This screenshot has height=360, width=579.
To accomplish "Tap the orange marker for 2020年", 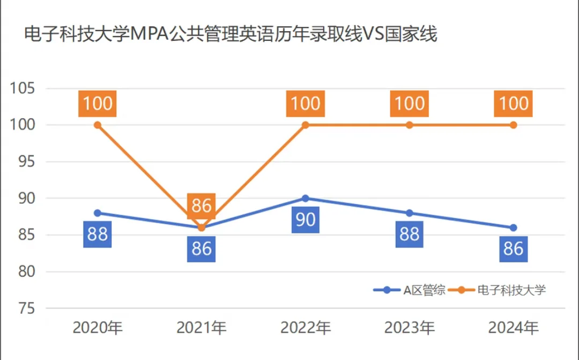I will [x=98, y=125].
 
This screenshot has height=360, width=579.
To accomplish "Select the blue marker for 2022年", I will [x=306, y=199].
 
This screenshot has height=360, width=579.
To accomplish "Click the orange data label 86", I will [x=202, y=206].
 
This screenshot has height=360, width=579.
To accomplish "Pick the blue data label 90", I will [x=306, y=220].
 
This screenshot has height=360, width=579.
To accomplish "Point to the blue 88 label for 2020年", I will [x=98, y=234].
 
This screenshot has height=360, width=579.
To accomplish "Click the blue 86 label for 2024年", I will [x=513, y=249].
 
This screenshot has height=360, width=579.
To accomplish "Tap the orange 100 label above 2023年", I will [x=410, y=104].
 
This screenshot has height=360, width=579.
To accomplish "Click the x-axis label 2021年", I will [x=202, y=327].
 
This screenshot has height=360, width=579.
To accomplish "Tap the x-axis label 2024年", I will [x=513, y=327].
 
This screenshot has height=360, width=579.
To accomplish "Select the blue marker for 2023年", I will [x=410, y=213].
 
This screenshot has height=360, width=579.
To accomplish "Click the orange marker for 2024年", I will [x=513, y=125].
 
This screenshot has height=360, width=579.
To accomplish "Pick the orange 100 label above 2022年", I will [x=306, y=104].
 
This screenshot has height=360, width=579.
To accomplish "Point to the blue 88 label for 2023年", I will [x=410, y=234].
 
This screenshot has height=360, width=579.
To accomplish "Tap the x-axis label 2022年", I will [x=306, y=327].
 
